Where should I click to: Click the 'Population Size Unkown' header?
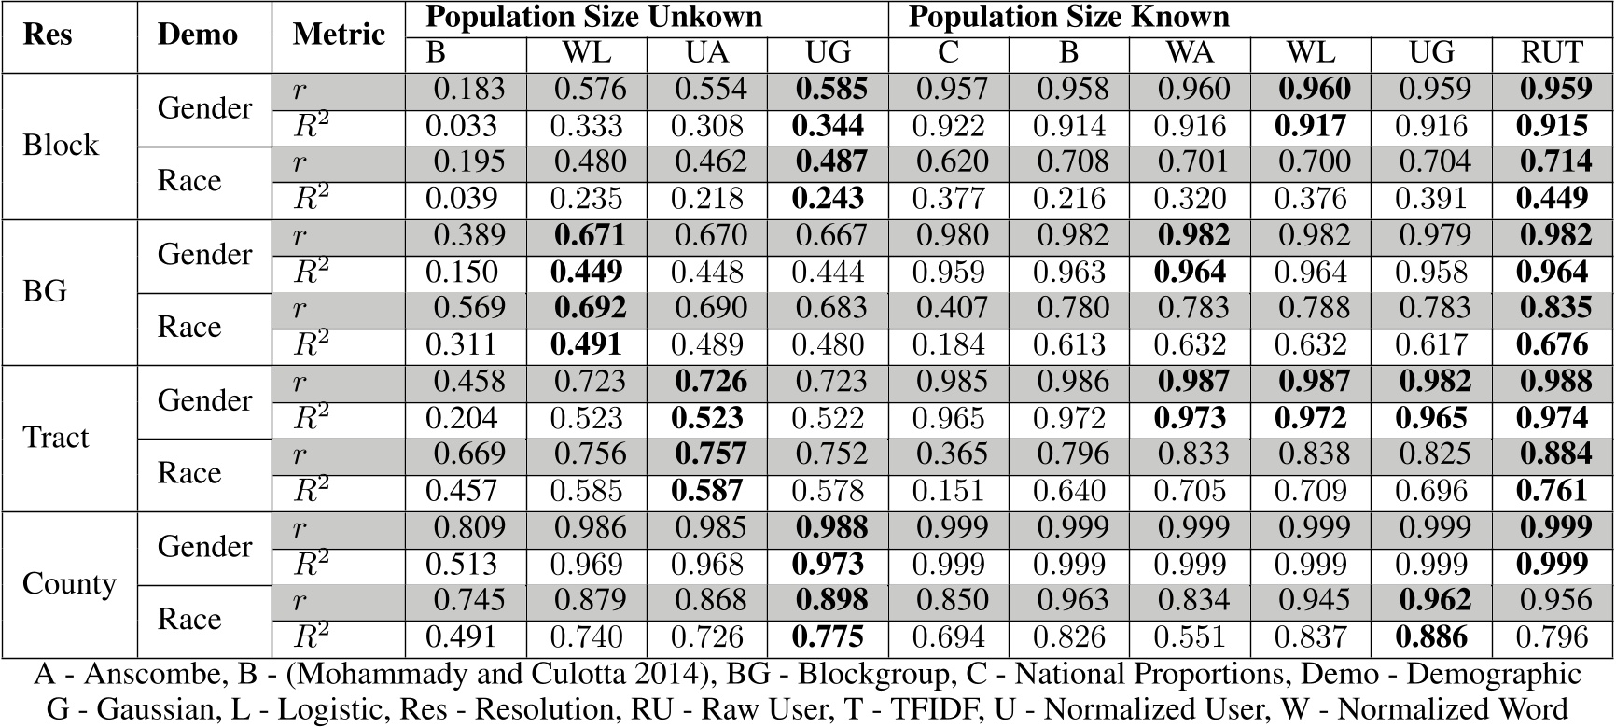point(593,17)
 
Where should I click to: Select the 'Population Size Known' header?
point(1068,17)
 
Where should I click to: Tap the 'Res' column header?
point(48,35)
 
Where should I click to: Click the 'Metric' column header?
point(338,35)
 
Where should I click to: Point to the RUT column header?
point(1552,53)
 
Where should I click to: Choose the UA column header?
point(707,53)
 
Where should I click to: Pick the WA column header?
point(1191,53)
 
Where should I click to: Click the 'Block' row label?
point(61,146)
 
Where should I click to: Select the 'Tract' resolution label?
point(56,438)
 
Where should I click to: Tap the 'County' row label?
point(69,584)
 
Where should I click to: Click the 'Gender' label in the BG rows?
point(204,255)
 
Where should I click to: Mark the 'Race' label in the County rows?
point(189,619)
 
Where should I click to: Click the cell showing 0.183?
point(469,90)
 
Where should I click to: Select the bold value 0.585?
point(830,90)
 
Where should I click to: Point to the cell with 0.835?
point(1553,309)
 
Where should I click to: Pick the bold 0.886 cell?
point(1431,638)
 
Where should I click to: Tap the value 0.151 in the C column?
point(949,492)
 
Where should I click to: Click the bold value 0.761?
point(1552,492)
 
